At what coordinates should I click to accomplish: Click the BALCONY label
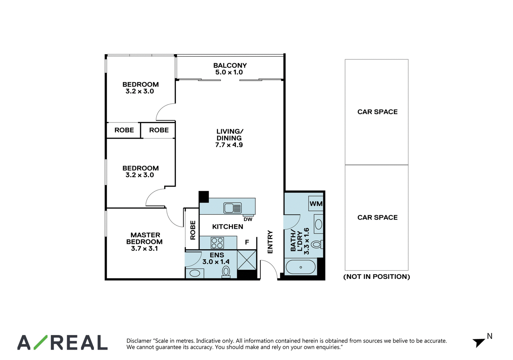(230, 65)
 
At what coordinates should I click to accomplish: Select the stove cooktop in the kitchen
(217, 243)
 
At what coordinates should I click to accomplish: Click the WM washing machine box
(316, 203)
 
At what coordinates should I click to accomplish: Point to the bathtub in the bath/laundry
(300, 267)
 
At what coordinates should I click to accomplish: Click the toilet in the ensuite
(226, 272)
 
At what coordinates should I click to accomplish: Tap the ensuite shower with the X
(247, 260)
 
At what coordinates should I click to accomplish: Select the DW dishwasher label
(248, 219)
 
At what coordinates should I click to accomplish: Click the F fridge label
(247, 242)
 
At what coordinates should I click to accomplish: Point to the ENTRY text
(270, 242)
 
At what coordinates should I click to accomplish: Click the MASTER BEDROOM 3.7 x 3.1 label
(145, 242)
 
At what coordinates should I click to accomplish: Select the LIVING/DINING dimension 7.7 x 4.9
(229, 145)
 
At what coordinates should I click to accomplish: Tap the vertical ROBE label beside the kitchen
(193, 230)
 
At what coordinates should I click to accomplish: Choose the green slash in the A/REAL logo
(41, 342)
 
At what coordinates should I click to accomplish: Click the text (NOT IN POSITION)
(377, 277)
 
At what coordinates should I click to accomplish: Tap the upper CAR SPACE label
(377, 112)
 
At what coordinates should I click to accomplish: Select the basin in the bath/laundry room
(319, 224)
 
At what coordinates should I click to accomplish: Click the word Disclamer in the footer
(139, 341)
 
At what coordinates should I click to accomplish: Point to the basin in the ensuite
(194, 273)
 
